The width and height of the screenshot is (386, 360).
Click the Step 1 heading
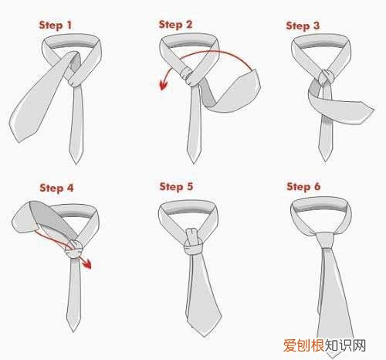tap(55, 25)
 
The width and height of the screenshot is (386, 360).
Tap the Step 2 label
tap(175, 25)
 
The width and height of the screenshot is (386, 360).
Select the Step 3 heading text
tap(303, 25)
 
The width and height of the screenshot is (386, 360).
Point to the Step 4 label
tap(56, 188)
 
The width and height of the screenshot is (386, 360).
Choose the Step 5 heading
tap(176, 187)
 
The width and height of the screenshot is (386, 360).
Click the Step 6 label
tap(303, 186)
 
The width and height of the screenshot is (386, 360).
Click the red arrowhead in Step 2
tap(163, 85)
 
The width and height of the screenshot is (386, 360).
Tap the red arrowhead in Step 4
tap(86, 263)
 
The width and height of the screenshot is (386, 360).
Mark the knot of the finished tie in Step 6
tap(325, 240)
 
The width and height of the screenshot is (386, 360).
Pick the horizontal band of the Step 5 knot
tap(194, 249)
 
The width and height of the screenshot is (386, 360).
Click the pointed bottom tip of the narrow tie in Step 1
tap(76, 163)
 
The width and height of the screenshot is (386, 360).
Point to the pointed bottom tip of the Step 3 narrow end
tap(325, 160)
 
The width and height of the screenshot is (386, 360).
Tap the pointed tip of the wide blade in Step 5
tap(204, 335)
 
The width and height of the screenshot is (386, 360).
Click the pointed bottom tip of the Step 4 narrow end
tap(73, 330)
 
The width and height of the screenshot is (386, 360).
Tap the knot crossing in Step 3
tap(326, 76)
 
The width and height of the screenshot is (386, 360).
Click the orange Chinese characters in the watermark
tap(303, 345)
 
